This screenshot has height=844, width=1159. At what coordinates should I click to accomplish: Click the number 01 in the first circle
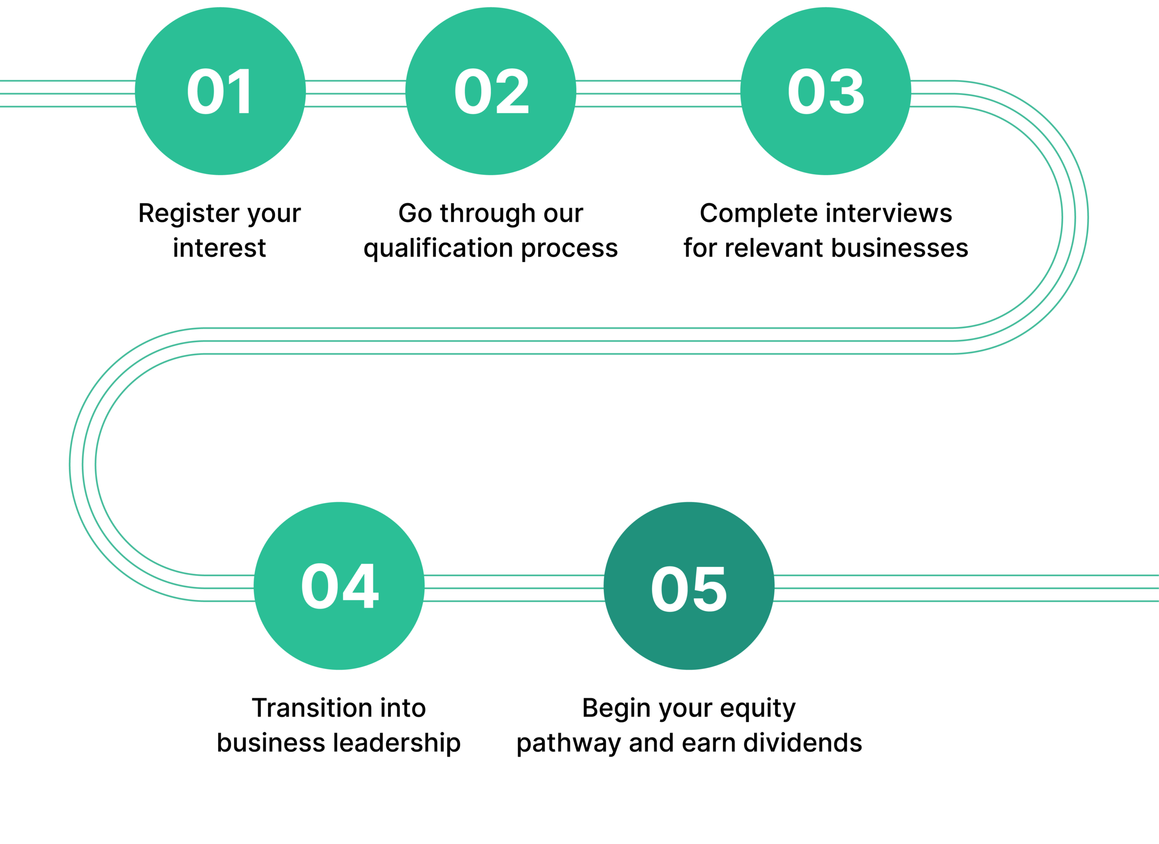(x=220, y=91)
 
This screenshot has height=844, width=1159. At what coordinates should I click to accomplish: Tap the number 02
(x=491, y=91)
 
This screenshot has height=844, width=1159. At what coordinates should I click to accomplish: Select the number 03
(x=826, y=91)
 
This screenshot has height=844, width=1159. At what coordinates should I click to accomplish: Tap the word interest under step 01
(x=219, y=248)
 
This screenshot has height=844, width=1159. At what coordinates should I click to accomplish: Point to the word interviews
(x=889, y=214)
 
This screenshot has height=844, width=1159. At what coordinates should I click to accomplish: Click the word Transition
(x=312, y=708)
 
